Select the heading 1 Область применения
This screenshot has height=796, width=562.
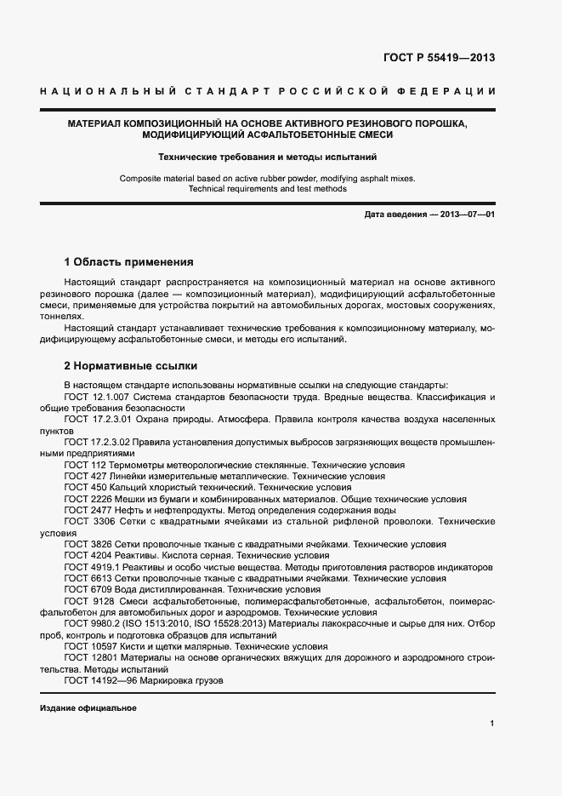tap(129, 261)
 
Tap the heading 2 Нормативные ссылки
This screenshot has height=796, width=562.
tap(131, 366)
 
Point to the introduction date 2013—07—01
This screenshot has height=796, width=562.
tap(468, 215)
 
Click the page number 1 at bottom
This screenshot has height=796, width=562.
tap(491, 723)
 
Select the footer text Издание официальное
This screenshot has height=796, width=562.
tap(88, 708)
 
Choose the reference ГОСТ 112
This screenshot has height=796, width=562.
tap(84, 466)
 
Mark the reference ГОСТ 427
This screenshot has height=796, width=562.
tap(84, 477)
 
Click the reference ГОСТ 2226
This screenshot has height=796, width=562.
tap(87, 499)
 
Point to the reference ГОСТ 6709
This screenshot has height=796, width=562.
tap(87, 589)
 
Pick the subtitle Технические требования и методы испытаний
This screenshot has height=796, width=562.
tap(267, 157)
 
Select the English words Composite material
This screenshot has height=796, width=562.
tap(156, 178)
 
